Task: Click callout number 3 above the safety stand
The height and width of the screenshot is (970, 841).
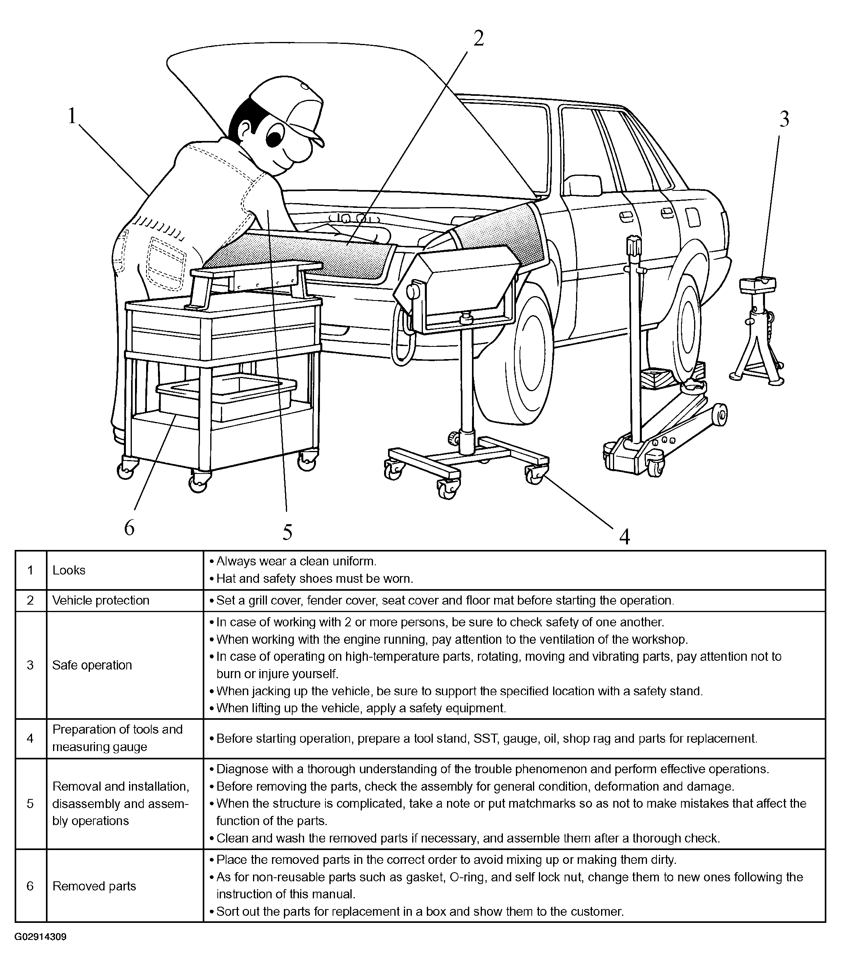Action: click(x=784, y=120)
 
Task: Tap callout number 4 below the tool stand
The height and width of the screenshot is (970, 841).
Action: click(x=624, y=536)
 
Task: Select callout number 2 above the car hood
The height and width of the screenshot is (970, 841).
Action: click(x=478, y=38)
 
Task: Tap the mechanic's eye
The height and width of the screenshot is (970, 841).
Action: click(x=273, y=137)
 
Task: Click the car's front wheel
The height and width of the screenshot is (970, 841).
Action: click(x=516, y=357)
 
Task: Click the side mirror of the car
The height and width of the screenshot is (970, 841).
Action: click(x=583, y=185)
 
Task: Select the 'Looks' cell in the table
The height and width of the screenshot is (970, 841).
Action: click(x=69, y=570)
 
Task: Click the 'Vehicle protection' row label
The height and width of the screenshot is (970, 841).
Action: click(x=101, y=600)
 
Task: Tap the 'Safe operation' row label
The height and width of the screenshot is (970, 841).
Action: click(x=92, y=665)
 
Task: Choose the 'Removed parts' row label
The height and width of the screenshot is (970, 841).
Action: click(x=94, y=886)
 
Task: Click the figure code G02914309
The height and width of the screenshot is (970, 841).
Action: click(x=40, y=937)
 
